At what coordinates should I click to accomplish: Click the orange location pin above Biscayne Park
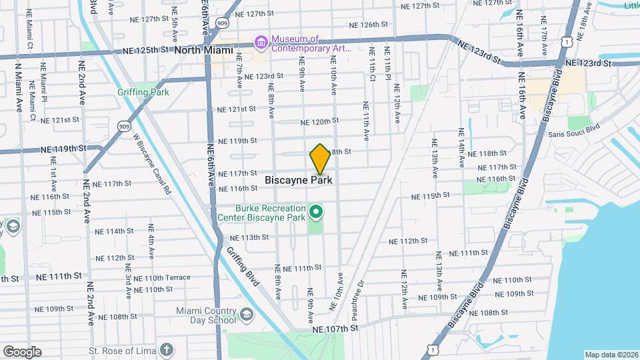320,159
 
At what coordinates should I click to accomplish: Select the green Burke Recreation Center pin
316,213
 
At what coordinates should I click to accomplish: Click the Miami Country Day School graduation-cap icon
246,315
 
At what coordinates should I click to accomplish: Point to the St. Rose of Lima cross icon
165,349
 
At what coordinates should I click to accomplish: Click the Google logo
22,352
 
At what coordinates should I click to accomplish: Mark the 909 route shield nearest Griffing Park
124,125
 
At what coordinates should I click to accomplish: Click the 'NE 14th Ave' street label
461,147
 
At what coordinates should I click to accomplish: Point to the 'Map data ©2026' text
611,355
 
